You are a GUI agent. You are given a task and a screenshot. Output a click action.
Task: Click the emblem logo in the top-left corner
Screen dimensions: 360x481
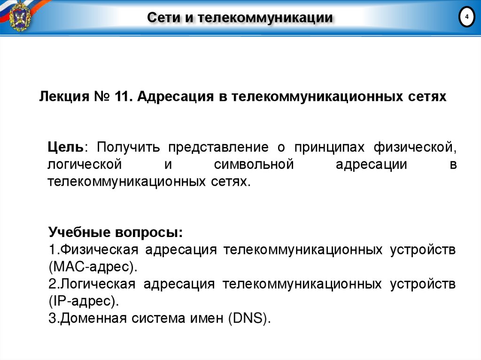coord(19,17)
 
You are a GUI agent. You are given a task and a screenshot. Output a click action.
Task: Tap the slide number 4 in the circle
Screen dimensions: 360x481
coord(466,18)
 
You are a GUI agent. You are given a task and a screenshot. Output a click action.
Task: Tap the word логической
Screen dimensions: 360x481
coord(85,165)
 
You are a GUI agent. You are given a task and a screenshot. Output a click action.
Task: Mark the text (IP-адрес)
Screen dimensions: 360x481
coord(83,300)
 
